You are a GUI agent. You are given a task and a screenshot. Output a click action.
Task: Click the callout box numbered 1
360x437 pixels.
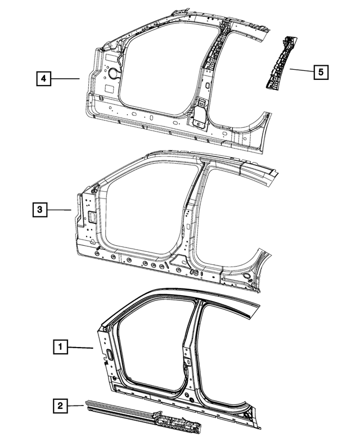[60, 347]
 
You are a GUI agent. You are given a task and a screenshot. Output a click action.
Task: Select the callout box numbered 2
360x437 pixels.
[60, 404]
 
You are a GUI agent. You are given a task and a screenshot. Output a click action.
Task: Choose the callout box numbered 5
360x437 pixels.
[321, 72]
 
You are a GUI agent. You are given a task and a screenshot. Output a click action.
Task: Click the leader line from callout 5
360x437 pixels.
[302, 70]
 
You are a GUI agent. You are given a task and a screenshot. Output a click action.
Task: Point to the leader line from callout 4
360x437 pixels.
[68, 79]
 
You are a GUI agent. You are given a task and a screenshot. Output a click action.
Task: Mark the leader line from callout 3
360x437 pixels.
[60, 210]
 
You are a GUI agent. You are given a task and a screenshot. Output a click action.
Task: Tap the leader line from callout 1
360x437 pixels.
[82, 348]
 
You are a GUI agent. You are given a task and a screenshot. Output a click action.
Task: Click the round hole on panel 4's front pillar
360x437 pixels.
[112, 72]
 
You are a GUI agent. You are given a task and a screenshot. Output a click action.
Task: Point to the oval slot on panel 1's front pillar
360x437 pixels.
[109, 354]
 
